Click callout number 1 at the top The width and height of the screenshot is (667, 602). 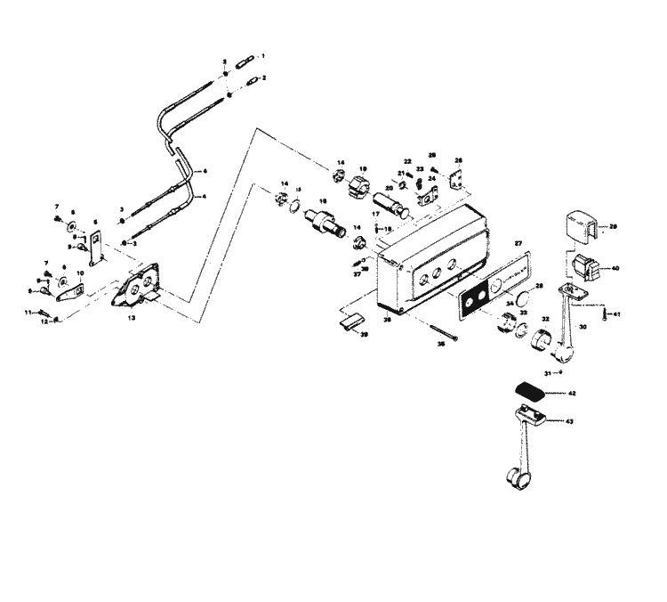coord(263,56)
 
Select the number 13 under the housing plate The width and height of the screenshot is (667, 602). coord(131,316)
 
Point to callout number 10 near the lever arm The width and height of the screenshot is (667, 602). coord(79,273)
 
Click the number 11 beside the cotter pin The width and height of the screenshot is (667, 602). coord(28,312)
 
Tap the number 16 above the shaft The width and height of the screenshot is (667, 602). coord(298,201)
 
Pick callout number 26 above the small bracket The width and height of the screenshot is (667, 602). coord(459,161)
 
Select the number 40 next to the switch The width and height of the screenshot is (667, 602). coord(615,268)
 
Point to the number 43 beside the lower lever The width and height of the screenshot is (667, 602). coord(570,422)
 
